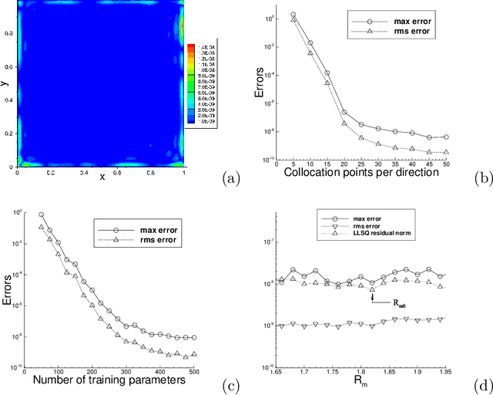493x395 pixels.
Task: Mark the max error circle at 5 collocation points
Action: [293, 15]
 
